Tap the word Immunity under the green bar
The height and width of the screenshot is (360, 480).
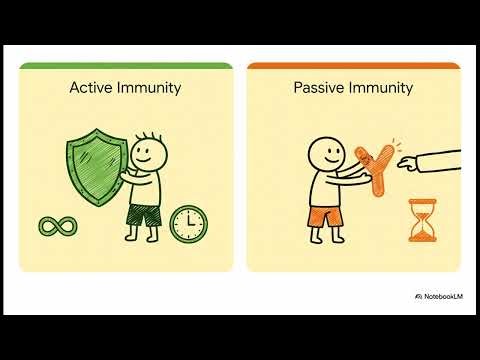point(148,88)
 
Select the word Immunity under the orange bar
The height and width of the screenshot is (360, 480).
point(380,88)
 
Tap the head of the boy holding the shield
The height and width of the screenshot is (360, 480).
point(147,151)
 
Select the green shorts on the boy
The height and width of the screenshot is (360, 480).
point(144,214)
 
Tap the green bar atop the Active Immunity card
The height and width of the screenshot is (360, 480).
point(126,66)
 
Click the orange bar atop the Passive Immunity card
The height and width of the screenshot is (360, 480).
point(353,66)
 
